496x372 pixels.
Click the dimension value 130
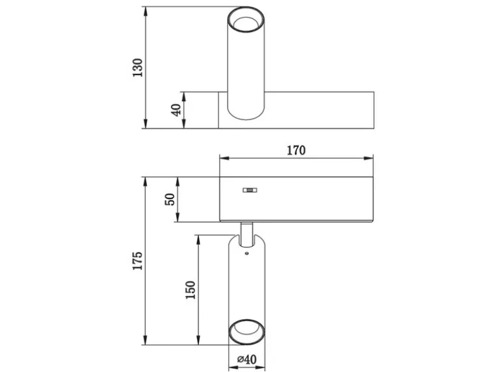(x=137, y=67)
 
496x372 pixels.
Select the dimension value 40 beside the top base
(x=176, y=110)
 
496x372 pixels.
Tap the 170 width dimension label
(x=296, y=150)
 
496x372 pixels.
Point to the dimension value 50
(x=170, y=199)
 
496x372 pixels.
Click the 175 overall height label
(x=137, y=261)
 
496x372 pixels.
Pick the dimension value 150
(x=190, y=290)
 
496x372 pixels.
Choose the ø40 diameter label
(x=247, y=359)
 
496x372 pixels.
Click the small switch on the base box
(x=249, y=190)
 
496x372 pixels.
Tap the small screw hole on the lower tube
(x=247, y=253)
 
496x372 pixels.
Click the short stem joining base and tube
(x=247, y=234)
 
